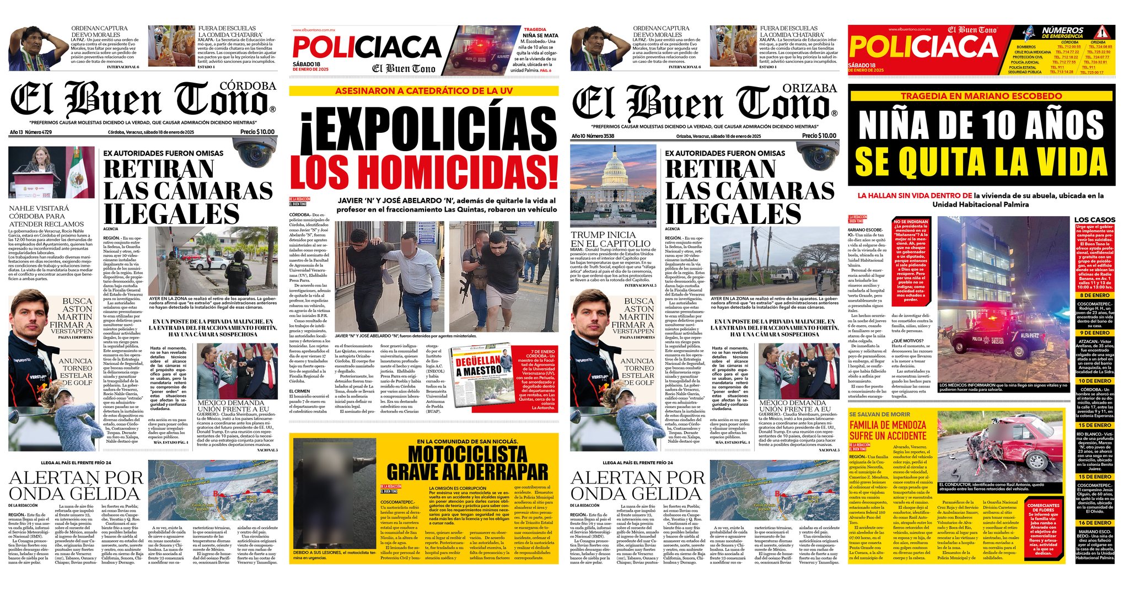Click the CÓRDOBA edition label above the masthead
pyautogui.click(x=248, y=86)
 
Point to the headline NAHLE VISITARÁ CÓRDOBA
pyautogui.click(x=46, y=216)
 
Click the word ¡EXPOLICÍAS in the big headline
pyautogui.click(x=423, y=128)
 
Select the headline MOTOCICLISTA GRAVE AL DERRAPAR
pyautogui.click(x=467, y=464)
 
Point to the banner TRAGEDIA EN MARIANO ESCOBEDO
pyautogui.click(x=981, y=96)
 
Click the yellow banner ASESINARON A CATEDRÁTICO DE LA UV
pyautogui.click(x=423, y=90)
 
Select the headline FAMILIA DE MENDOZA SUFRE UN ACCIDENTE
pyautogui.click(x=888, y=430)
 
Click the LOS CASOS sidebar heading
pyautogui.click(x=1095, y=219)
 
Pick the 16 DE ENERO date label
pyautogui.click(x=1095, y=523)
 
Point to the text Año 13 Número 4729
pyautogui.click(x=31, y=132)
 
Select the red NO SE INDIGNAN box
pyautogui.click(x=910, y=259)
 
